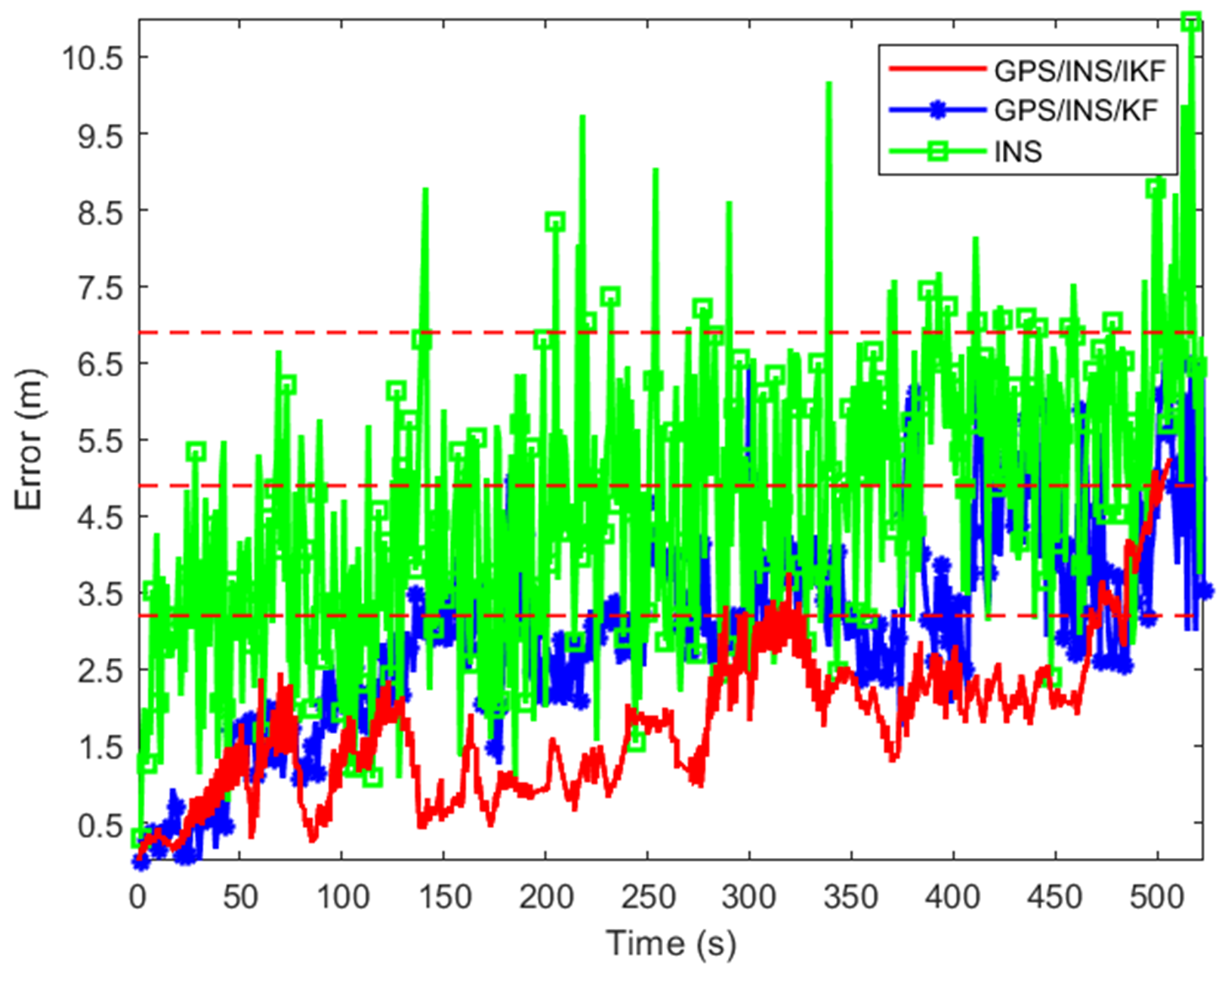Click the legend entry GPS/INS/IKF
(1079, 70)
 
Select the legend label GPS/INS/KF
(1075, 111)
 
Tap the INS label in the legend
(1018, 152)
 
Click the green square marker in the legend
(937, 152)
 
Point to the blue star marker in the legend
(937, 111)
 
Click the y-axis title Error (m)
(30, 439)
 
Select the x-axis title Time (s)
(671, 943)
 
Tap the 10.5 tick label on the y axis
(92, 57)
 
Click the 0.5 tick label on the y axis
(100, 825)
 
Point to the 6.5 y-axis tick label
(100, 364)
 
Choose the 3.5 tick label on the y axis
(100, 594)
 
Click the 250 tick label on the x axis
(647, 897)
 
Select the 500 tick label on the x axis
(1156, 897)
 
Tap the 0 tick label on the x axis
(138, 897)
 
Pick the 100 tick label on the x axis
(342, 897)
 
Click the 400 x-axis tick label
(953, 897)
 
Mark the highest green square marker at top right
(1191, 21)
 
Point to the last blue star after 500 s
(1206, 591)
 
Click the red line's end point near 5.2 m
(1169, 460)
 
